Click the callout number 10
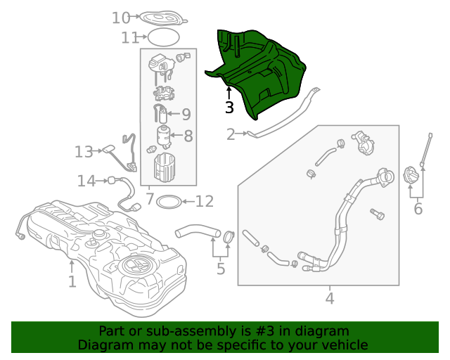pyautogui.click(x=121, y=18)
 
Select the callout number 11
pyautogui.click(x=129, y=37)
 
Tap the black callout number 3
pyautogui.click(x=229, y=108)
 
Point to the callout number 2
pyautogui.click(x=231, y=134)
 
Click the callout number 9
pyautogui.click(x=186, y=114)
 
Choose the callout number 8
pyautogui.click(x=188, y=135)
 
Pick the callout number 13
pyautogui.click(x=84, y=151)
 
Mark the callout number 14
pyautogui.click(x=86, y=181)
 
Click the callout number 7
pyautogui.click(x=149, y=200)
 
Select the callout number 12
pyautogui.click(x=204, y=202)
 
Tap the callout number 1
pyautogui.click(x=72, y=282)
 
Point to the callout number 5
pyautogui.click(x=220, y=268)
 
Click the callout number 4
pyautogui.click(x=330, y=299)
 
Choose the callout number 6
pyautogui.click(x=418, y=209)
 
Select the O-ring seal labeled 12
pyautogui.click(x=167, y=202)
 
